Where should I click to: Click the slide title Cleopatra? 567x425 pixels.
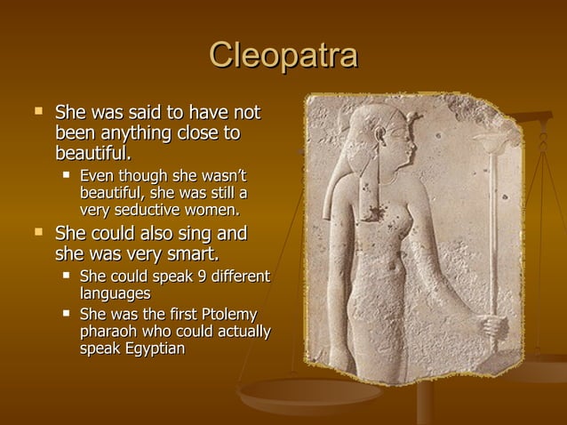click(x=283, y=54)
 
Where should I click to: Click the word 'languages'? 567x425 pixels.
click(x=115, y=293)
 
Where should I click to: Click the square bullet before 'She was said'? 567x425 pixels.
click(x=36, y=114)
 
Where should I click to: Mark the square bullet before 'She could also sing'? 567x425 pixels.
click(x=36, y=235)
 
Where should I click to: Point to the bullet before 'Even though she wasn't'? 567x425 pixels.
click(x=66, y=175)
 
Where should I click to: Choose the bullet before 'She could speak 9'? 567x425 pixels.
click(x=66, y=277)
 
